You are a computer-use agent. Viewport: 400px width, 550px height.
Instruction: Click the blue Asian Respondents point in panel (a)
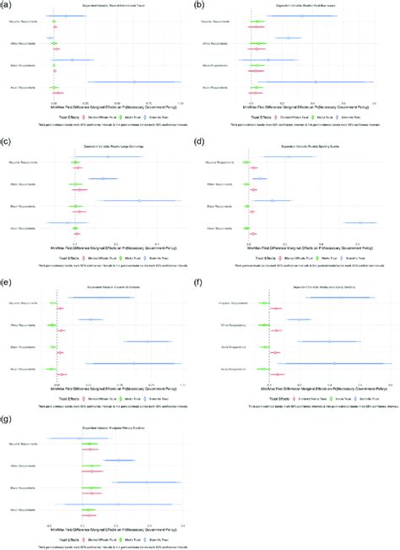click(x=134, y=82)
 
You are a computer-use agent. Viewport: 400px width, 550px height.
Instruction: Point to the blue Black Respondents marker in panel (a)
click(x=73, y=60)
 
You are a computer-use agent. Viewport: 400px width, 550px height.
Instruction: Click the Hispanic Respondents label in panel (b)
click(x=215, y=20)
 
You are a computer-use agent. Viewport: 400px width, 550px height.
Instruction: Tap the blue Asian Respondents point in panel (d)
click(x=359, y=223)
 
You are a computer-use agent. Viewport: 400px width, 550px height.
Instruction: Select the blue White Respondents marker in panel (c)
click(x=103, y=179)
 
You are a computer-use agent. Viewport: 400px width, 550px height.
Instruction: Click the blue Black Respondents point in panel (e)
click(x=148, y=341)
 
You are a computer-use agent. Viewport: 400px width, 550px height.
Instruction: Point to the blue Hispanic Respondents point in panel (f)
click(x=339, y=297)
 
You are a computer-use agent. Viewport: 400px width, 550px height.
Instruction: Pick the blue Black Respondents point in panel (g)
click(x=146, y=482)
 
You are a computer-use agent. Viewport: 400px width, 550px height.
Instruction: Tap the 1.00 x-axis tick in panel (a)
click(x=180, y=103)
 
